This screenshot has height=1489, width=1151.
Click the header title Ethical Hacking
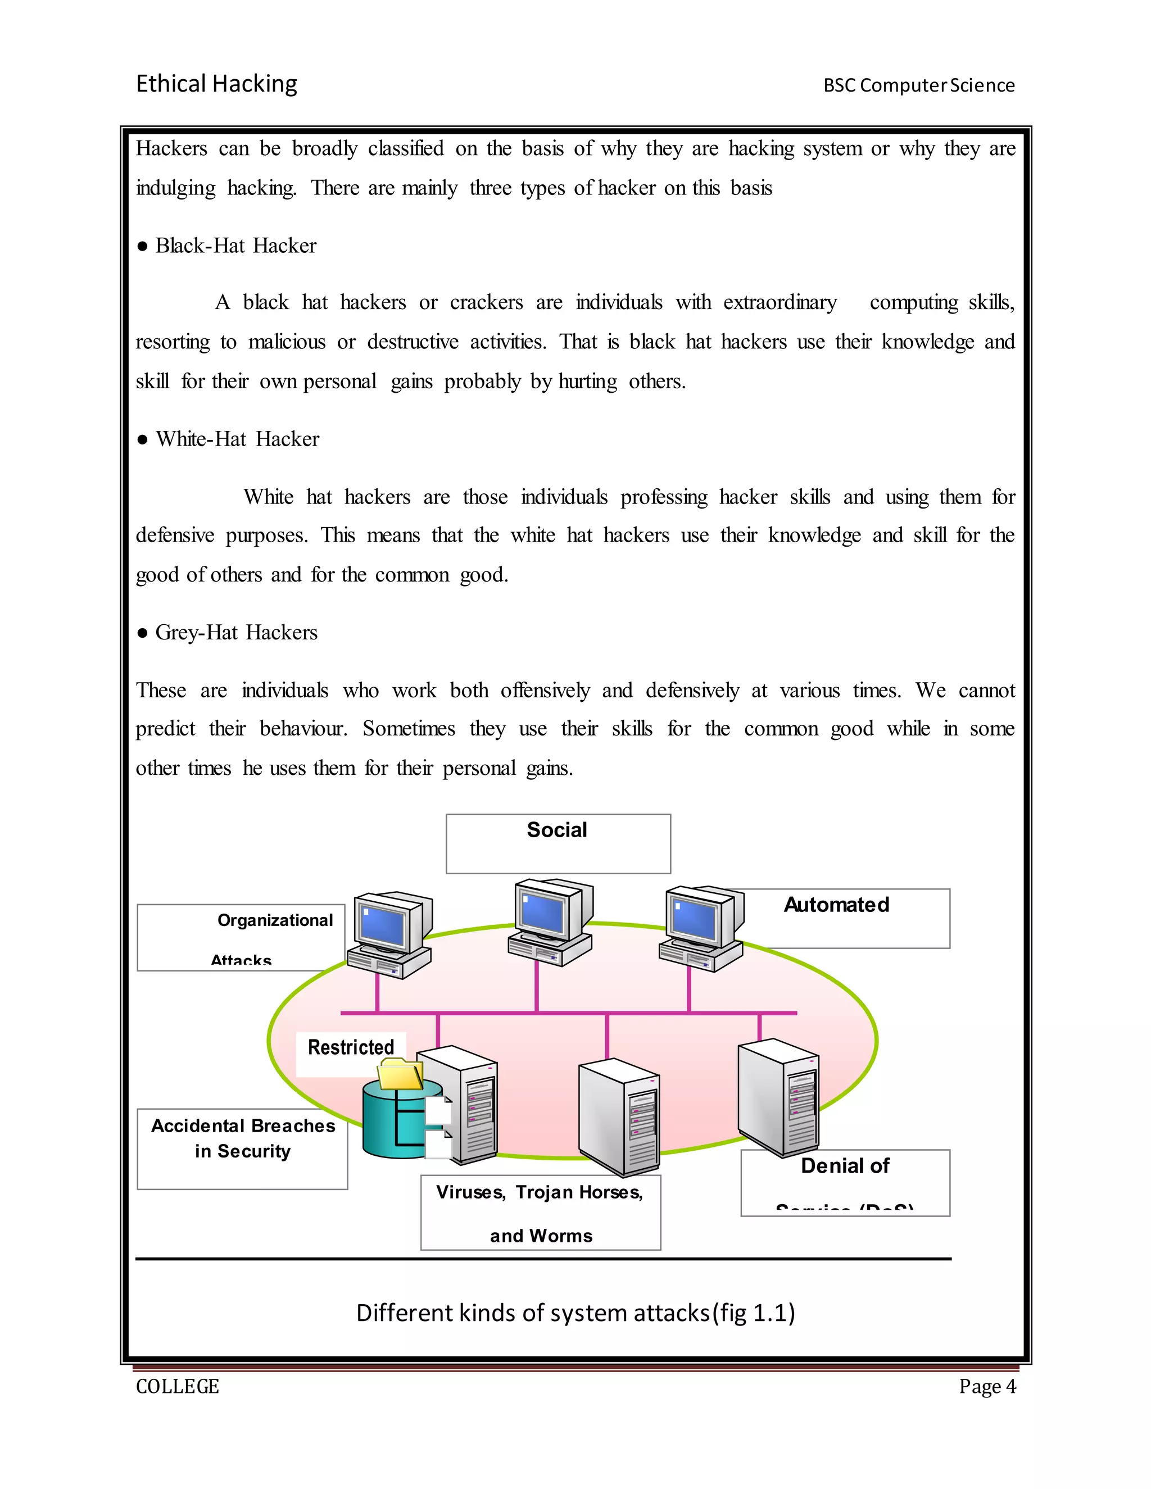click(216, 84)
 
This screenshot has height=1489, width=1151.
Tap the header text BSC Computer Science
click(918, 85)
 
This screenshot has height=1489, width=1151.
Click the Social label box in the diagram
click(558, 843)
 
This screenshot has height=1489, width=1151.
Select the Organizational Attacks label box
click(241, 937)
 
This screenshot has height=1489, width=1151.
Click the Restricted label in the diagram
click(351, 1047)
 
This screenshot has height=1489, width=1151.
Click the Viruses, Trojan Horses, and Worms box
click(540, 1212)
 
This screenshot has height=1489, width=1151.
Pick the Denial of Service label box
click(845, 1182)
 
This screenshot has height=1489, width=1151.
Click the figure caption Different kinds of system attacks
click(575, 1313)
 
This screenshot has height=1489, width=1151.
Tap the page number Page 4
click(987, 1386)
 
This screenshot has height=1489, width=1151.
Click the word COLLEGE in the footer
click(177, 1386)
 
